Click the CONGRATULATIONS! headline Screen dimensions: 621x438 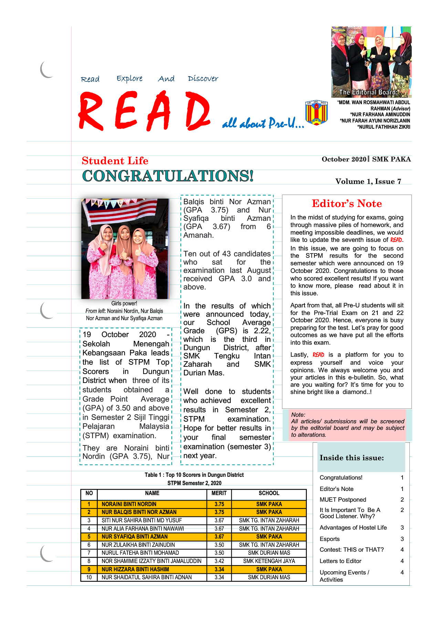[168, 176]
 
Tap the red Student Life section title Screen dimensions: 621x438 [115, 161]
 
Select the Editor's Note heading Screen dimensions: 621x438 [347, 204]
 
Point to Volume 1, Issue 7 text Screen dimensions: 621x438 [368, 181]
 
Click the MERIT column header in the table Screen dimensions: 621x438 [219, 493]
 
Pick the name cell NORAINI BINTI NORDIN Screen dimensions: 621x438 [129, 504]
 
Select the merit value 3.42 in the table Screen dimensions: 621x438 [219, 561]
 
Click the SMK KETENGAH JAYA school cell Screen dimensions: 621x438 [269, 561]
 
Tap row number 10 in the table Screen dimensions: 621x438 [89, 577]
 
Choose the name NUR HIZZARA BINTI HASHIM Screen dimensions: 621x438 [135, 569]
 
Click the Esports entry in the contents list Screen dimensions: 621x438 [330, 539]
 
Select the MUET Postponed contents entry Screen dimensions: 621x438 [343, 500]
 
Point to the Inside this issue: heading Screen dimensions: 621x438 [352, 458]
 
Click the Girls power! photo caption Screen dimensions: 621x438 [124, 304]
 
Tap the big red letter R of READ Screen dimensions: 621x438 [91, 111]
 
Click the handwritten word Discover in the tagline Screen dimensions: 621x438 [203, 79]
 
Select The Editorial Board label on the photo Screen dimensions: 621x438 [368, 92]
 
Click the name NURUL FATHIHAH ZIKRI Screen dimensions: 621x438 [384, 127]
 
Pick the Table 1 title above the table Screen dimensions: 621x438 [194, 475]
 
